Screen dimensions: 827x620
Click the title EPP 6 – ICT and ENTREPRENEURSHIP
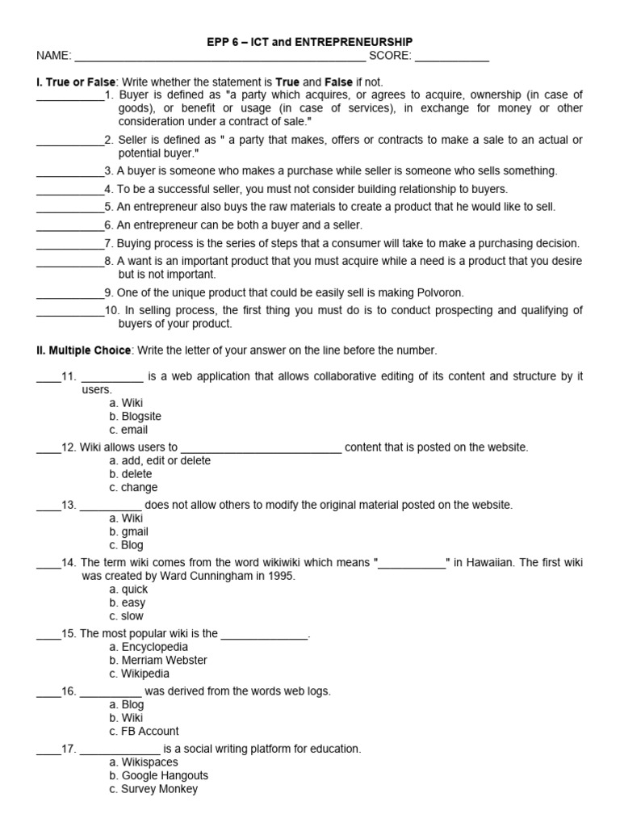[x=311, y=41]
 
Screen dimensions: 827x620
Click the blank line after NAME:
[x=220, y=57]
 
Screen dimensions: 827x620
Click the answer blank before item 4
[x=70, y=190]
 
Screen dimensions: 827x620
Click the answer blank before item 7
[x=70, y=244]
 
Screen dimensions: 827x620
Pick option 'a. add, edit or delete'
[x=160, y=460]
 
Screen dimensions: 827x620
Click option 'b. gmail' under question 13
[x=128, y=531]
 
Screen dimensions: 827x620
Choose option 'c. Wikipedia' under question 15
[x=139, y=674]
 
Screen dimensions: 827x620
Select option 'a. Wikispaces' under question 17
[x=143, y=762]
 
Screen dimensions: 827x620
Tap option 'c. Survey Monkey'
[x=153, y=789]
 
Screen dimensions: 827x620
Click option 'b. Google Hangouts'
[x=158, y=775]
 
